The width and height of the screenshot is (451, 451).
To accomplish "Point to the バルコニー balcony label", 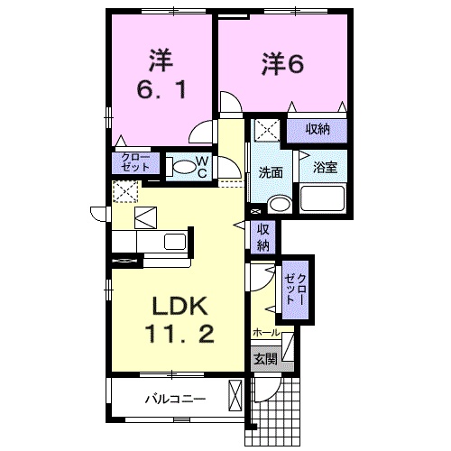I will (x=175, y=398).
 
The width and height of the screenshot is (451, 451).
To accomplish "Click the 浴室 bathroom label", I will (x=325, y=167).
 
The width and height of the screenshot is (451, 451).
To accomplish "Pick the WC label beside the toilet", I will (x=202, y=166).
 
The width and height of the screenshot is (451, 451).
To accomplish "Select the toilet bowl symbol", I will (x=182, y=166).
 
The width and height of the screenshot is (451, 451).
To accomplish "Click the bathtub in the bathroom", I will (x=324, y=198).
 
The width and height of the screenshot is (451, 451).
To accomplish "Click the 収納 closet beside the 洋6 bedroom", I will (x=317, y=129).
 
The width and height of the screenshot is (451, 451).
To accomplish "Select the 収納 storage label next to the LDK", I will (x=262, y=237).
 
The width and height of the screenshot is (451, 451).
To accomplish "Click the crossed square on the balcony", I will (x=235, y=396).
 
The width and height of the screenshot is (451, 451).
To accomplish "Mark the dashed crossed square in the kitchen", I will (x=124, y=191).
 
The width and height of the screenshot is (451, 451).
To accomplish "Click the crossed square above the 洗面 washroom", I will (x=266, y=131).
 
